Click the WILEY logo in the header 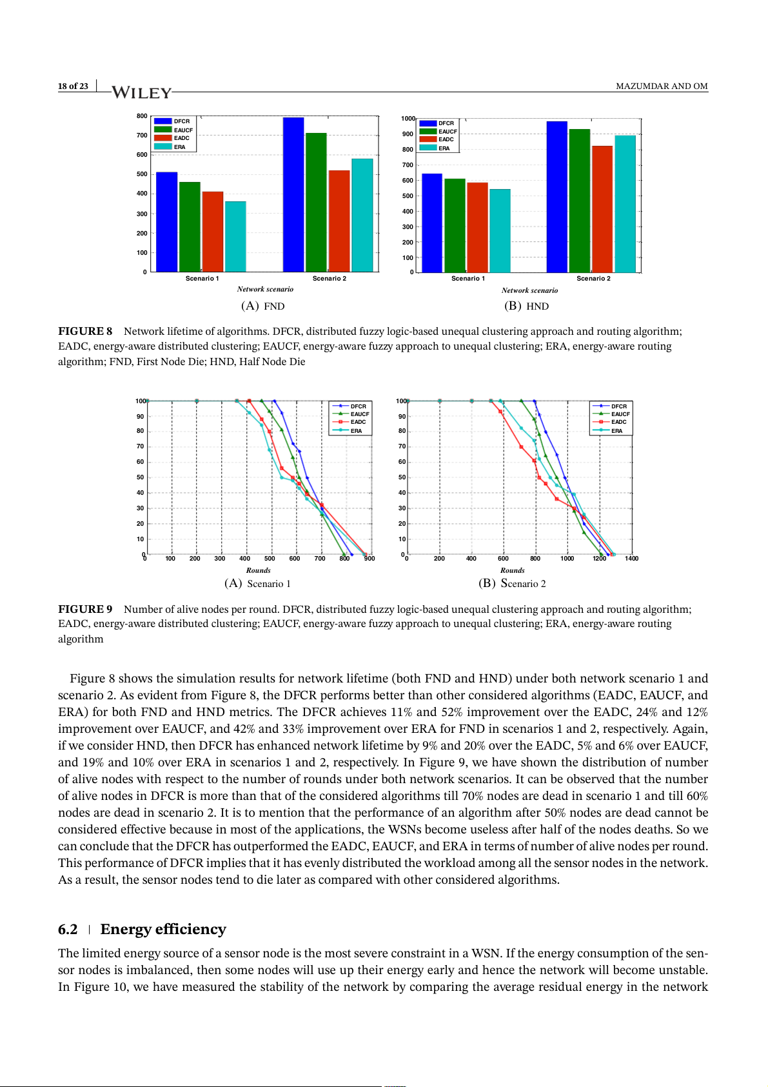(142, 92)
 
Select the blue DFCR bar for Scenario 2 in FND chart (293, 194)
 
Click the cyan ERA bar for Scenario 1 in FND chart (235, 236)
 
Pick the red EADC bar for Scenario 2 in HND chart (602, 209)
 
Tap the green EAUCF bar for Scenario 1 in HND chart (455, 225)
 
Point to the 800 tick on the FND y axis (142, 116)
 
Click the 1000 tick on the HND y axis (408, 119)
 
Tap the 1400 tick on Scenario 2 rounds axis (631, 559)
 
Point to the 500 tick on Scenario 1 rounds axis (270, 559)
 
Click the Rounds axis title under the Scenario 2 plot (512, 570)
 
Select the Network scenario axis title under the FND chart (265, 289)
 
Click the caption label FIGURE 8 (85, 331)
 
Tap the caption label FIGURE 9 (85, 609)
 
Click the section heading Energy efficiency (163, 929)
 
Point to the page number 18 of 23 (73, 86)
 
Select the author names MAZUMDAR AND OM (662, 86)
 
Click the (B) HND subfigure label (526, 306)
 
